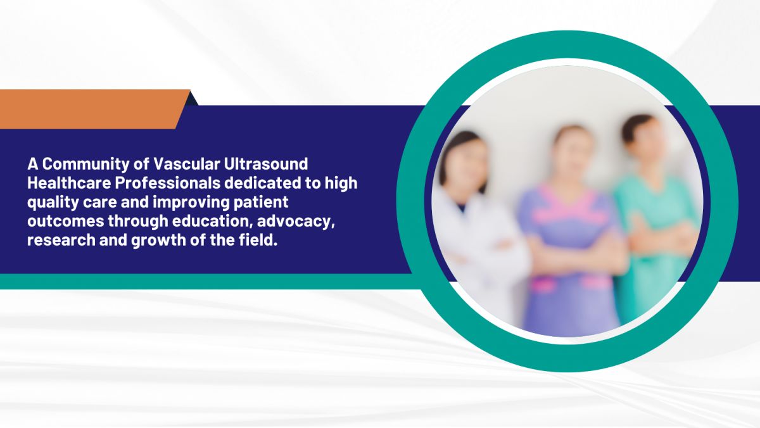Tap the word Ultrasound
266,164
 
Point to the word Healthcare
69,183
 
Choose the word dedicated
263,183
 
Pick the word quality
53,203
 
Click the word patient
261,203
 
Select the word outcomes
66,222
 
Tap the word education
212,221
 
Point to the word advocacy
296,222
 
